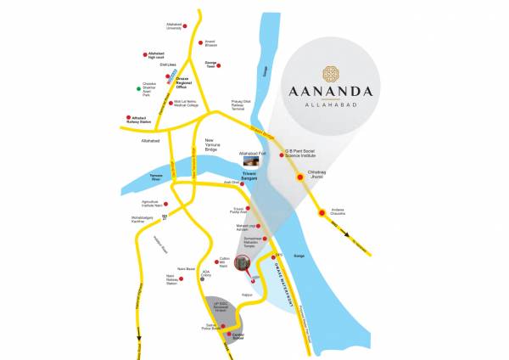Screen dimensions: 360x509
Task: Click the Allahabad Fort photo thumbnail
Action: (x=251, y=160)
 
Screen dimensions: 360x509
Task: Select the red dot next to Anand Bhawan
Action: (x=201, y=42)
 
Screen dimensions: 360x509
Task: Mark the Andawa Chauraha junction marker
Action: (x=321, y=213)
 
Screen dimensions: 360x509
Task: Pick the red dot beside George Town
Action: (x=218, y=65)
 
